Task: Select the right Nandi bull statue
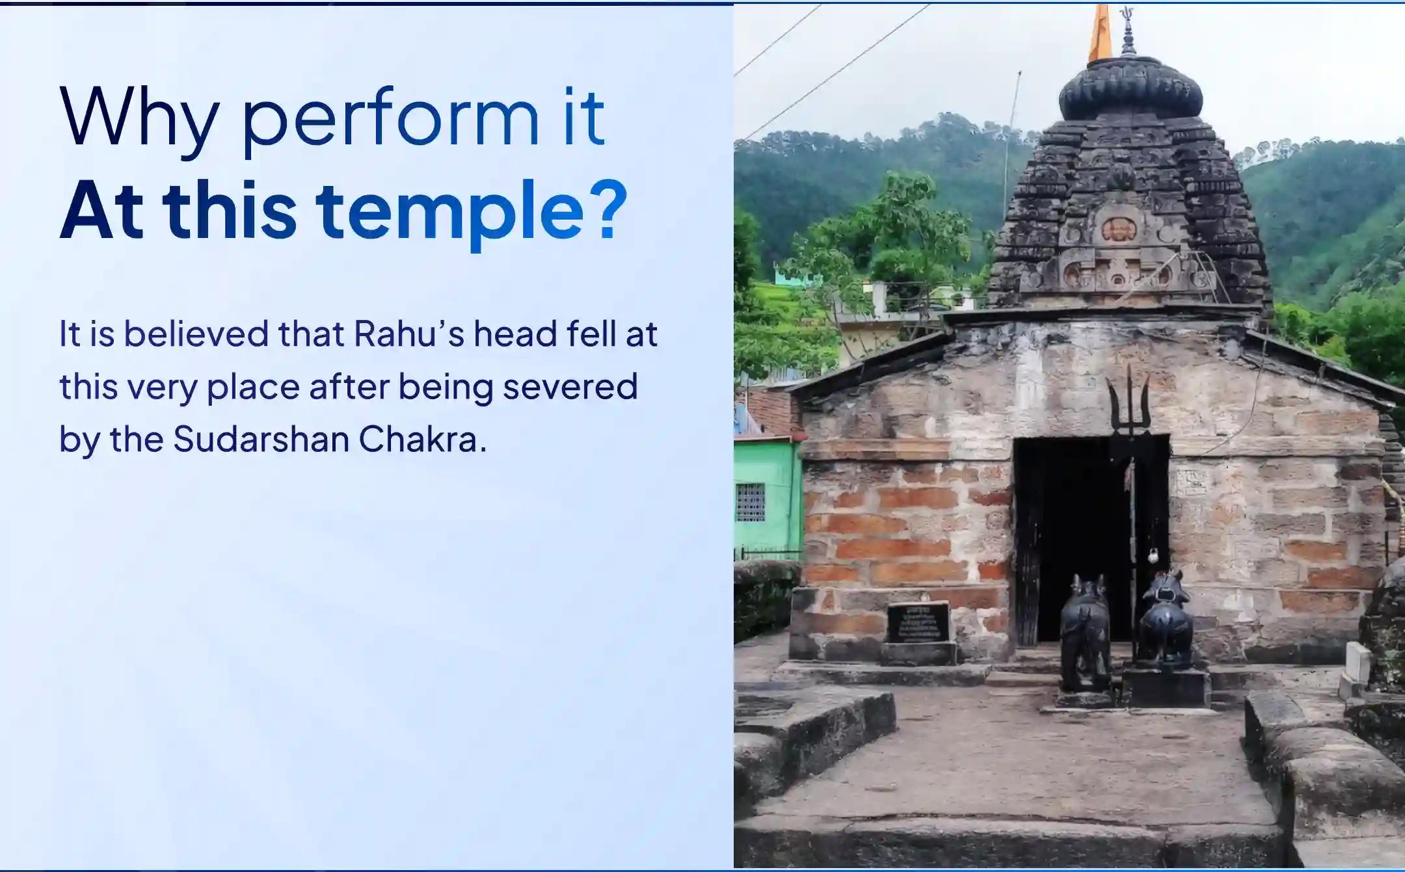click(x=1166, y=618)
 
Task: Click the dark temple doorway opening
click(x=1073, y=520)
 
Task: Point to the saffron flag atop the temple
click(x=1101, y=33)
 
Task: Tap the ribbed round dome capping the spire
click(x=1131, y=91)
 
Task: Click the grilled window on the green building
click(x=750, y=502)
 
